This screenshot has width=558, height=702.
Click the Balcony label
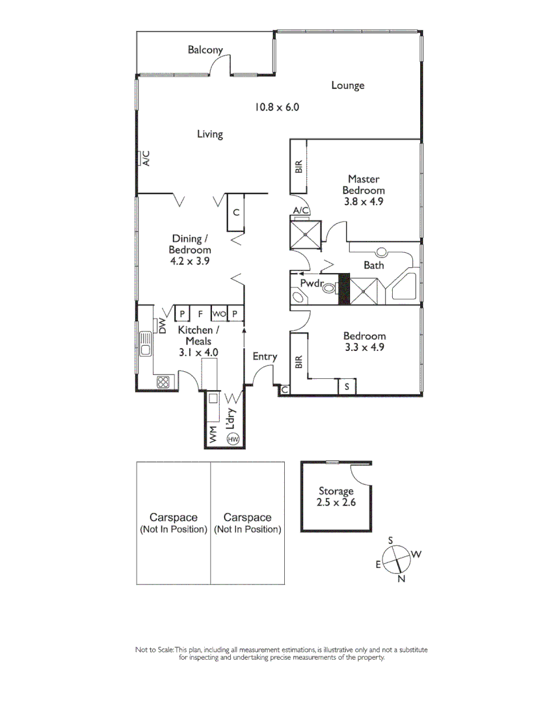(x=205, y=49)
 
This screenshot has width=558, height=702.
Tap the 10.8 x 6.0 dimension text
(x=276, y=107)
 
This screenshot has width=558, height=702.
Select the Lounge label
(x=347, y=85)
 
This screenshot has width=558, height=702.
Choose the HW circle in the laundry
(x=233, y=439)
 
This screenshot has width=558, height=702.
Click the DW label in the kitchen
(x=163, y=324)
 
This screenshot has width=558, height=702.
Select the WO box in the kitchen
(x=219, y=314)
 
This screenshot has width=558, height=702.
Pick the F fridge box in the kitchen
(x=200, y=314)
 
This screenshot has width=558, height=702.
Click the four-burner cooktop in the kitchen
(x=163, y=382)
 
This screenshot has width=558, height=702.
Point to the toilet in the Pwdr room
(x=328, y=287)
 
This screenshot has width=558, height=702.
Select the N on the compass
(x=402, y=579)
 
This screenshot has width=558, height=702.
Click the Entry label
(x=265, y=356)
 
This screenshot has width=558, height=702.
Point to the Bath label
(x=374, y=265)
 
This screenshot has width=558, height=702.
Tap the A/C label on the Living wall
(x=146, y=158)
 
